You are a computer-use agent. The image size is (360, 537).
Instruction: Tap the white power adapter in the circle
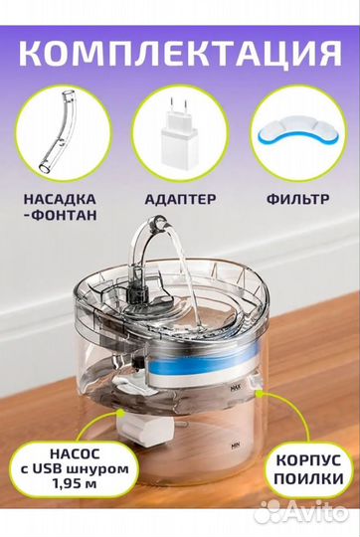coord(179,137)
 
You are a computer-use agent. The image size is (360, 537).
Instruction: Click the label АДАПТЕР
coord(180,200)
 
